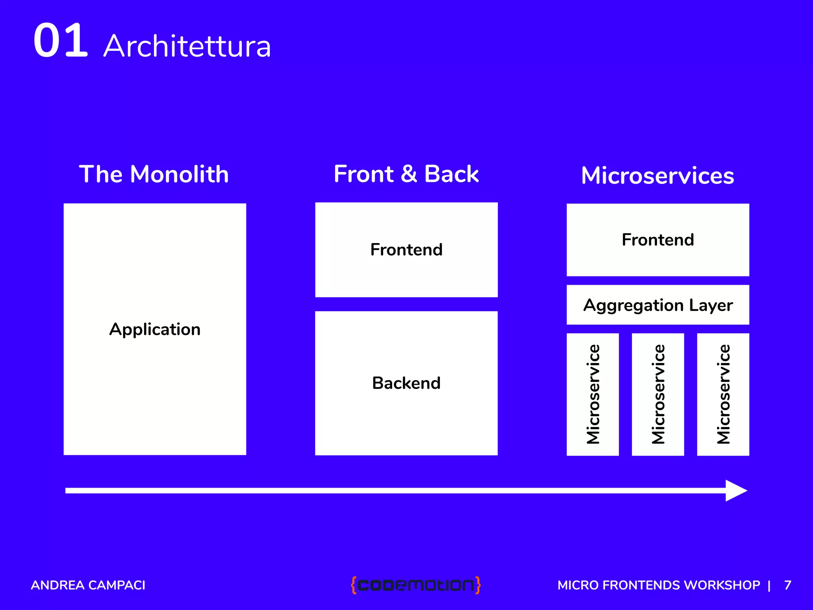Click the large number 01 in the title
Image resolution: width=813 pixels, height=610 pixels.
click(60, 41)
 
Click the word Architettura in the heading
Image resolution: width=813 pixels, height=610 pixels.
click(187, 46)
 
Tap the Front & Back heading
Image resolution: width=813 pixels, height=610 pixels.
click(406, 174)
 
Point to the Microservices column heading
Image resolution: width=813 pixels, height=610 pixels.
click(657, 176)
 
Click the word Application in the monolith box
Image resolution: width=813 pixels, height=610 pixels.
click(155, 329)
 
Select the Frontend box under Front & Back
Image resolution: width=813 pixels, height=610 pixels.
click(406, 250)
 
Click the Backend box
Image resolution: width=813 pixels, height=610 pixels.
click(406, 383)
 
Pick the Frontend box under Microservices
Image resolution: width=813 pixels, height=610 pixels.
click(657, 240)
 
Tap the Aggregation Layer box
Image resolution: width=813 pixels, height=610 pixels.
click(657, 305)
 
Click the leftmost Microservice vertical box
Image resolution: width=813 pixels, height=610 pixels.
click(593, 394)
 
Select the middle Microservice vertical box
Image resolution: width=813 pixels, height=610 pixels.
click(658, 394)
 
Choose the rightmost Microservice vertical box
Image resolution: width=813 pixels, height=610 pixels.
click(723, 394)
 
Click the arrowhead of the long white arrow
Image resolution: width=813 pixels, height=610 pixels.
click(735, 491)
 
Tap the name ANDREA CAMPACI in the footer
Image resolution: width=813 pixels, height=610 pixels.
click(88, 585)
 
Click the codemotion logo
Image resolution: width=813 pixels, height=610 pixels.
click(416, 585)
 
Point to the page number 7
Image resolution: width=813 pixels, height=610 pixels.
click(788, 585)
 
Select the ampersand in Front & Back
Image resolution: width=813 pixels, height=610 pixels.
click(409, 174)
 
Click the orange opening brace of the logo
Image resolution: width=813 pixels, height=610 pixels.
click(354, 585)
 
